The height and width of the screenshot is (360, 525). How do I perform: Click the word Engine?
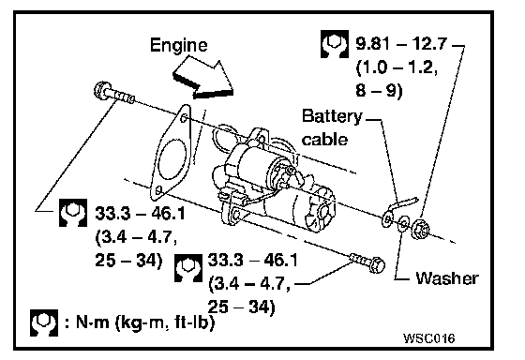pyautogui.click(x=178, y=45)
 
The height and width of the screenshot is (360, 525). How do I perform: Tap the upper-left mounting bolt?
pyautogui.click(x=114, y=93)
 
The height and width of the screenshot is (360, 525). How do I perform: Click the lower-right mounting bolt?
pyautogui.click(x=367, y=262)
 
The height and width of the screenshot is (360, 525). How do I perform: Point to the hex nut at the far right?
pyautogui.click(x=420, y=229)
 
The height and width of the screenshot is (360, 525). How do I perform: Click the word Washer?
pyautogui.click(x=447, y=278)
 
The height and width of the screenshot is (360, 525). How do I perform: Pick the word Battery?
pyautogui.click(x=332, y=117)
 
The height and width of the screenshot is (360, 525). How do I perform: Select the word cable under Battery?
pyautogui.click(x=324, y=139)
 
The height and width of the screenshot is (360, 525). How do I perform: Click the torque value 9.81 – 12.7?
pyautogui.click(x=401, y=43)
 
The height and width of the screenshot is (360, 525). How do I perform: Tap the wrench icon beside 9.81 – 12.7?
pyautogui.click(x=334, y=44)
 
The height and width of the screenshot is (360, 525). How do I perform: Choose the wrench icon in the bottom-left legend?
pyautogui.click(x=43, y=322)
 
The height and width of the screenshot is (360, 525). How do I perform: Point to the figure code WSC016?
pyautogui.click(x=429, y=338)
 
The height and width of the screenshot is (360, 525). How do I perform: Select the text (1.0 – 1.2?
pyautogui.click(x=397, y=68)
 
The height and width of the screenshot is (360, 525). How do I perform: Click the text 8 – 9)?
pyautogui.click(x=379, y=90)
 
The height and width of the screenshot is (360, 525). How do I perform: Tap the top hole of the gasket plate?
pyautogui.click(x=184, y=118)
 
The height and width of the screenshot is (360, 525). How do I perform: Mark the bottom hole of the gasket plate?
pyautogui.click(x=159, y=191)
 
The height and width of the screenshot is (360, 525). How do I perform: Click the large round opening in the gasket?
pyautogui.click(x=172, y=157)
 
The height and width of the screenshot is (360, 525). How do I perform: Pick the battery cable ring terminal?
pyautogui.click(x=387, y=218)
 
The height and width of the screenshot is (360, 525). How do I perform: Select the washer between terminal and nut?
pyautogui.click(x=403, y=223)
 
